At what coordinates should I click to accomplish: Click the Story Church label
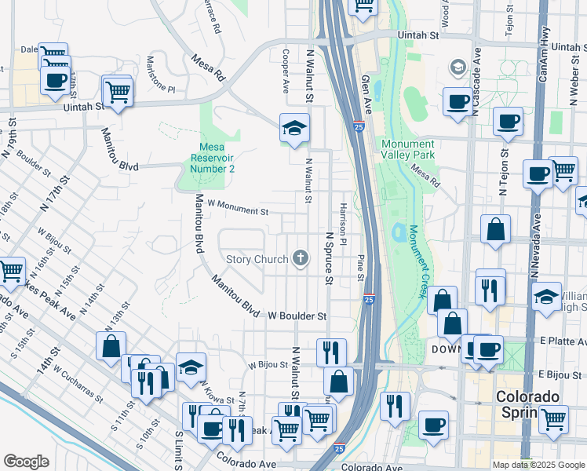tap(257, 259)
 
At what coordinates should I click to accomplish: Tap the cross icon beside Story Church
tap(300, 257)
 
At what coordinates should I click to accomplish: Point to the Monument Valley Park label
tap(407, 149)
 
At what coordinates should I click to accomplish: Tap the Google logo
tap(26, 462)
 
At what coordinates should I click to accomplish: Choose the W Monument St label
tap(238, 210)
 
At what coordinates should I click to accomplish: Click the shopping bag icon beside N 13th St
tap(111, 345)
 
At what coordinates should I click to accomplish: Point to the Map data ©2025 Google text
tap(539, 465)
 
